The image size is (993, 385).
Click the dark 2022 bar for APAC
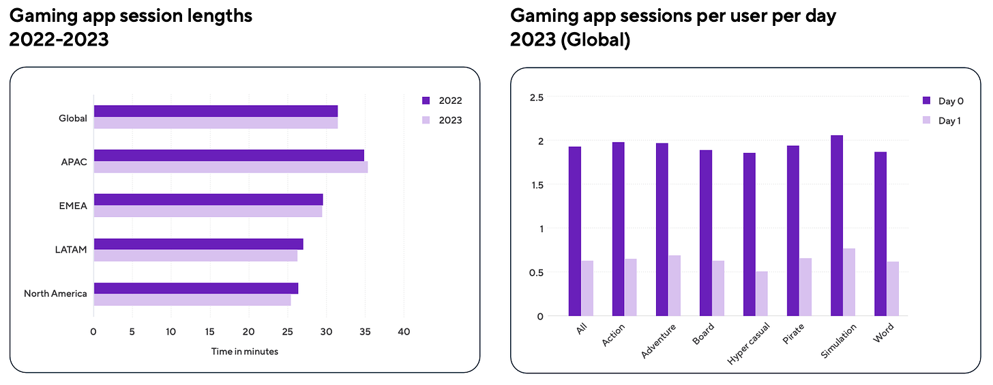tap(228, 155)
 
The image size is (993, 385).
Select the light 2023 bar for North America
tap(192, 300)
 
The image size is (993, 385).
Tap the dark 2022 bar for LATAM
tap(198, 244)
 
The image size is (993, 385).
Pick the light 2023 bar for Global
tap(216, 123)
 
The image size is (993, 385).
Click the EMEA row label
tap(73, 205)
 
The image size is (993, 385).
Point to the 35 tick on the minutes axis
tap(365, 332)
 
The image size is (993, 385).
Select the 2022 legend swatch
tap(426, 101)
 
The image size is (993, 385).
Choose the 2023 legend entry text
tap(450, 120)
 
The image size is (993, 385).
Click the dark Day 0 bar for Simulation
tap(837, 225)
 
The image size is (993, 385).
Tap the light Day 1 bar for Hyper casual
tap(762, 294)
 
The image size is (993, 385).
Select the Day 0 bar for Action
tap(618, 229)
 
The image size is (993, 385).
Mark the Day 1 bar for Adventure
tap(675, 285)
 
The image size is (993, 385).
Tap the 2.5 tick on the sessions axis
tap(536, 98)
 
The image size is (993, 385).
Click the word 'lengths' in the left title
tap(218, 15)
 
